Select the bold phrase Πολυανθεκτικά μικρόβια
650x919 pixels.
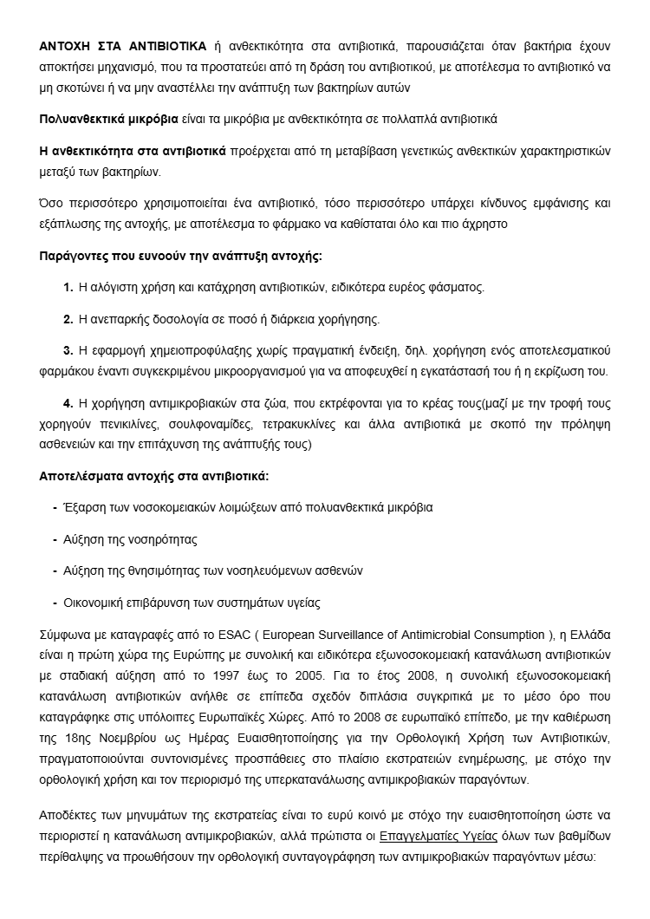click(109, 117)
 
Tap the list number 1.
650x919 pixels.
click(68, 287)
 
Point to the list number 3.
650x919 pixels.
click(68, 350)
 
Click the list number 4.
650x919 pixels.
click(68, 403)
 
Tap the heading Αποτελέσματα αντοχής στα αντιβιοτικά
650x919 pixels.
click(154, 476)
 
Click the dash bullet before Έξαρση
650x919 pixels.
click(55, 507)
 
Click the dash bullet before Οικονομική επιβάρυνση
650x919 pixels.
click(55, 602)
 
